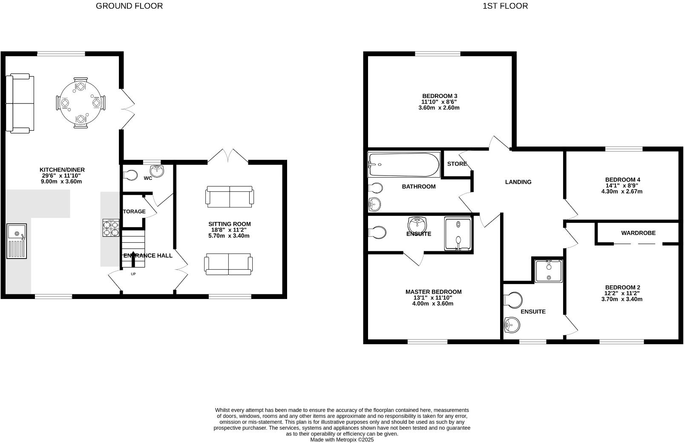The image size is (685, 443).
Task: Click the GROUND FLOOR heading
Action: pos(129,6)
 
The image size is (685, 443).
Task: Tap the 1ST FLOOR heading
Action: pos(505,6)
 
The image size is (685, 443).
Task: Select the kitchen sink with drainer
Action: pos(17,241)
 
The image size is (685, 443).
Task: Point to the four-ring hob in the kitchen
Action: pos(111,228)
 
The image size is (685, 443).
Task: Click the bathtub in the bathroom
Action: pos(403,165)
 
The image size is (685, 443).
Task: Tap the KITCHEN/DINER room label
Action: pos(62,170)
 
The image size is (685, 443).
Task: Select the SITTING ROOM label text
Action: pos(229,224)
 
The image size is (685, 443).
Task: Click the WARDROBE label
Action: pos(638,233)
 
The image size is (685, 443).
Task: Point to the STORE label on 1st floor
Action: pos(457,164)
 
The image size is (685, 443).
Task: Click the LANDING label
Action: pos(518,182)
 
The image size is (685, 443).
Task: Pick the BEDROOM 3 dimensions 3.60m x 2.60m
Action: pos(439,108)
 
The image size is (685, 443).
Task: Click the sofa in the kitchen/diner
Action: pos(20,103)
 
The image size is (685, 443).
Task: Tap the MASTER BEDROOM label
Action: pos(433,292)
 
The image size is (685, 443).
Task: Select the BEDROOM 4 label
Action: pos(622,180)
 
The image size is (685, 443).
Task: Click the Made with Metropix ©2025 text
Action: pos(342,440)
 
